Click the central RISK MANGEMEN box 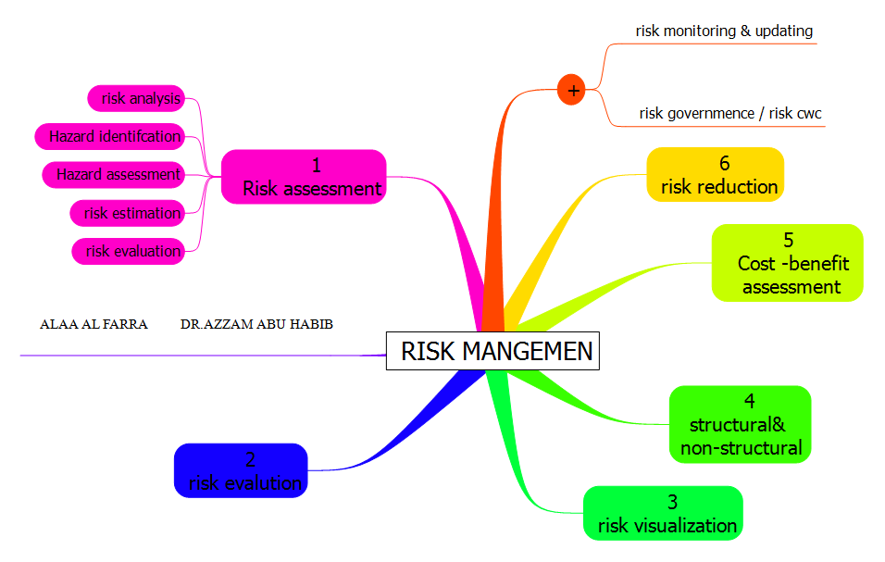(492, 352)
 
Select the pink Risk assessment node (304, 177)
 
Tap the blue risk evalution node (241, 470)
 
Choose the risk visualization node (663, 514)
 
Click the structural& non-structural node (740, 425)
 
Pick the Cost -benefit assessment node (787, 263)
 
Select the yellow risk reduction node (716, 175)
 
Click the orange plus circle (572, 91)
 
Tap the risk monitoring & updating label (724, 31)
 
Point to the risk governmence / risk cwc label (730, 113)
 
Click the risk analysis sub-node (136, 97)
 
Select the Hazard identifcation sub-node (109, 136)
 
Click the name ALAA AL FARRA (93, 325)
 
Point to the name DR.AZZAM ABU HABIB (256, 325)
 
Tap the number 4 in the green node (749, 401)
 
